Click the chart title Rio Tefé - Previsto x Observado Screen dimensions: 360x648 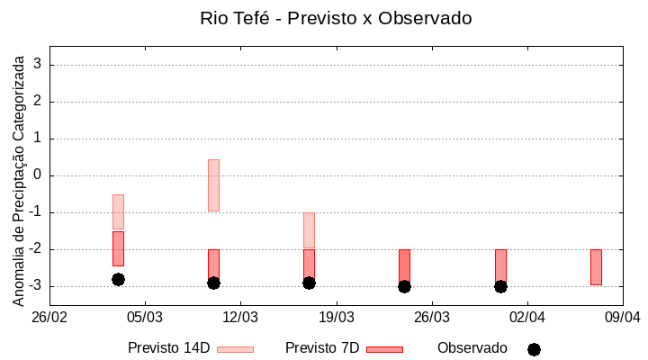(x=336, y=18)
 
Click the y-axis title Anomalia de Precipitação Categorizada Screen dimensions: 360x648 (x=19, y=178)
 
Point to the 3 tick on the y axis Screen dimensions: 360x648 (x=39, y=65)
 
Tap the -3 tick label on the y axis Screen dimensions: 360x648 (x=35, y=286)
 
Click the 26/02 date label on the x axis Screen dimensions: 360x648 (x=50, y=317)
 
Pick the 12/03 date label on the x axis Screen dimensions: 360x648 (x=240, y=317)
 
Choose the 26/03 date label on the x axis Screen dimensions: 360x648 (x=432, y=317)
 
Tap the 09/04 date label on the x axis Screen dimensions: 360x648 (x=622, y=317)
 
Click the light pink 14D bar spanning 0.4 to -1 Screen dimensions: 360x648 (x=213, y=185)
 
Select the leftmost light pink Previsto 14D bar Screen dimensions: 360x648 (x=118, y=211)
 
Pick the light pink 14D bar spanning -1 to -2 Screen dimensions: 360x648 (x=309, y=230)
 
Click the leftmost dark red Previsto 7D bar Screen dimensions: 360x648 (x=118, y=248)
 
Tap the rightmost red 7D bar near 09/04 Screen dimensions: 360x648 (x=596, y=267)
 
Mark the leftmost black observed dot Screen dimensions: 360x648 (x=118, y=279)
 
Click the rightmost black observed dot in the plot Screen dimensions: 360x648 (x=500, y=286)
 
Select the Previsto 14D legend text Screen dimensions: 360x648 (x=168, y=348)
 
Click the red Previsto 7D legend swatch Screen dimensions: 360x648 (x=385, y=349)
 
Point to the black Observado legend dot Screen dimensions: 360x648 (x=534, y=349)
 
